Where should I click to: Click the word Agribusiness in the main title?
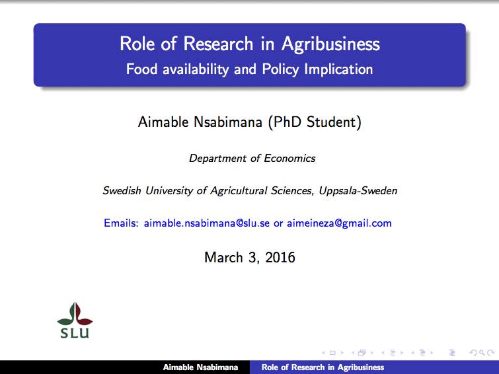click(330, 44)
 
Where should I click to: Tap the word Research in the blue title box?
click(218, 44)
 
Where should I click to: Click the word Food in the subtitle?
click(141, 69)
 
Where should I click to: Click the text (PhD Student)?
click(315, 122)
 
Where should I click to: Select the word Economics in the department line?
click(289, 158)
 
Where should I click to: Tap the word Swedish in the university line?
click(122, 190)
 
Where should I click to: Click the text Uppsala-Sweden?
click(358, 191)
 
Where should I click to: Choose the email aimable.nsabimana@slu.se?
click(207, 223)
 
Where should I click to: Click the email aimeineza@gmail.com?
click(339, 223)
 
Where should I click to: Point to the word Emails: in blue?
click(121, 223)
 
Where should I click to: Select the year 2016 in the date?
click(280, 257)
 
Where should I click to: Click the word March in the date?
click(223, 257)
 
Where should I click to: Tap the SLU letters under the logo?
click(75, 333)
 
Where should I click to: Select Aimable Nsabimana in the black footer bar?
click(200, 367)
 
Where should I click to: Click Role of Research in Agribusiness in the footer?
click(323, 367)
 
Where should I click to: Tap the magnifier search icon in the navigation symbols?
click(482, 353)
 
